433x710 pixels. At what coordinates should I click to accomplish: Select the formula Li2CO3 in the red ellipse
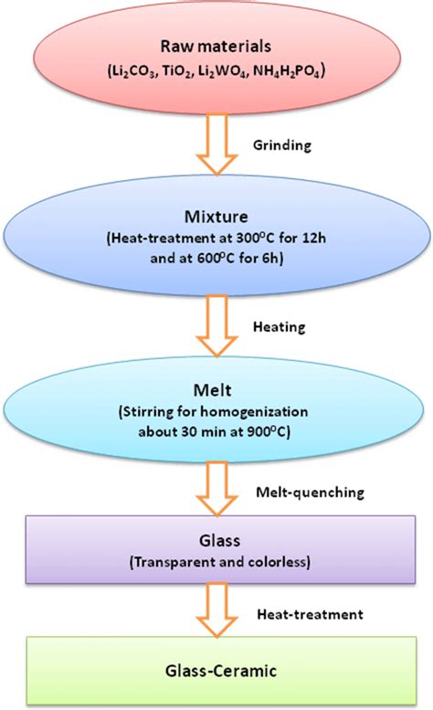tap(135, 69)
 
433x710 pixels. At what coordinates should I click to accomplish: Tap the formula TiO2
tap(178, 69)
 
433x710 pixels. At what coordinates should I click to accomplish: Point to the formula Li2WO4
tap(225, 69)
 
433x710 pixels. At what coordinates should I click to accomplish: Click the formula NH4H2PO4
tap(284, 69)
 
